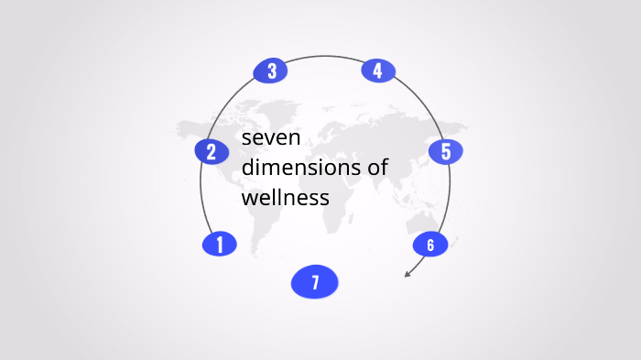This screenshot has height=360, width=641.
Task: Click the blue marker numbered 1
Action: [x=219, y=244]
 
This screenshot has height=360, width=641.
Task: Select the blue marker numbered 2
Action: [x=212, y=151]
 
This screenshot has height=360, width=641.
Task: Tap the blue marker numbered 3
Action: [x=270, y=71]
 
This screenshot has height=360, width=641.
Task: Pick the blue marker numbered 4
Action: [x=377, y=71]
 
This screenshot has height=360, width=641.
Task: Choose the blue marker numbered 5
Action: [x=446, y=151]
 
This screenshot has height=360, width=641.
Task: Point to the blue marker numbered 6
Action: [x=429, y=245]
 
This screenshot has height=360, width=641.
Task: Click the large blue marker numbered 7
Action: [x=315, y=282]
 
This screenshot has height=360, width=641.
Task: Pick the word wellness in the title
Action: [x=285, y=197]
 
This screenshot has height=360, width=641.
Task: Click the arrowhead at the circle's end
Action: [x=407, y=273]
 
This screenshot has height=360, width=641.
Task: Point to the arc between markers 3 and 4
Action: [x=324, y=57]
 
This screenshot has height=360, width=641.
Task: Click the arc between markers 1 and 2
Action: [x=201, y=197]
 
